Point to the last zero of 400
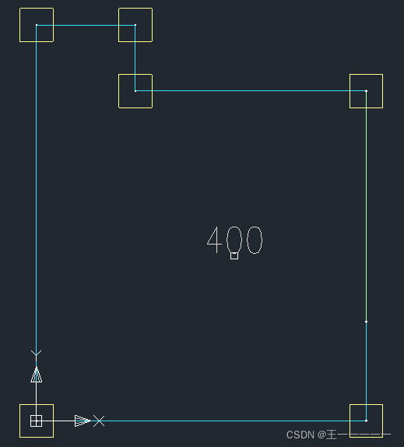click(255, 240)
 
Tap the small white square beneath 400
click(234, 255)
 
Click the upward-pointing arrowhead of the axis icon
click(37, 375)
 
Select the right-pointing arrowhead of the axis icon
click(83, 421)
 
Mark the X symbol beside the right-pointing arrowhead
click(99, 421)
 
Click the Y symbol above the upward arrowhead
click(36, 354)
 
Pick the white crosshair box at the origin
click(36, 421)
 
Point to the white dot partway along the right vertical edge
click(366, 322)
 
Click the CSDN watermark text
click(300, 435)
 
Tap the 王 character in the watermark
click(332, 435)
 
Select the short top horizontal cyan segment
click(86, 25)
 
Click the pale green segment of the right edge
click(366, 206)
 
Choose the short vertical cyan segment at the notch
click(135, 58)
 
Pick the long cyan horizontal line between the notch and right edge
click(251, 91)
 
